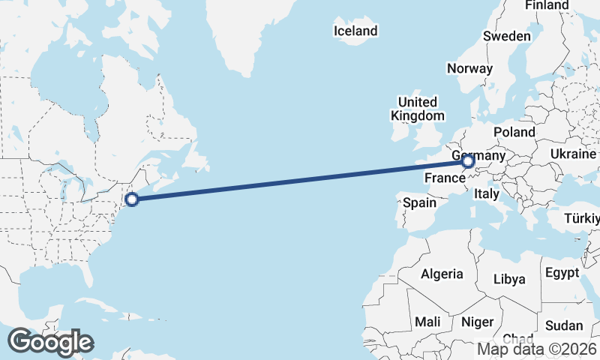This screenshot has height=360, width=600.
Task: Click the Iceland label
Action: tap(355, 31)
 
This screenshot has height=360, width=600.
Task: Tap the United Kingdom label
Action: tap(418, 109)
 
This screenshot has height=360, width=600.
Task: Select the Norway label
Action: tap(469, 68)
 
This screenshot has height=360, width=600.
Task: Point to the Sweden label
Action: tap(507, 36)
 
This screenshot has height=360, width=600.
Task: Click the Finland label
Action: tap(547, 5)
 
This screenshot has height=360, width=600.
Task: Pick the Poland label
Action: tap(514, 132)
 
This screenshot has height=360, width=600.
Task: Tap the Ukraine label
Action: tap(574, 153)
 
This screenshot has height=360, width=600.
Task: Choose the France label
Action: tap(445, 178)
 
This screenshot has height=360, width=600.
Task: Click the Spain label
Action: tap(419, 202)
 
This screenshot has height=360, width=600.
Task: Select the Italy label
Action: tap(486, 193)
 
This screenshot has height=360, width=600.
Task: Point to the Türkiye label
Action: tap(582, 219)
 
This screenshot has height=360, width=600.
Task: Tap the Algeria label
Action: tap(442, 274)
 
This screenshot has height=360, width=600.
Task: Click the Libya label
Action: tap(509, 279)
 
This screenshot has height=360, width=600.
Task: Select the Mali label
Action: tap(427, 321)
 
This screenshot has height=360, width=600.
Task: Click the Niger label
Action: tap(478, 322)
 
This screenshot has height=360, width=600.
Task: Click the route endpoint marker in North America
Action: tap(132, 199)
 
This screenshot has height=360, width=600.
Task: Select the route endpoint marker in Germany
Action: tap(468, 161)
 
